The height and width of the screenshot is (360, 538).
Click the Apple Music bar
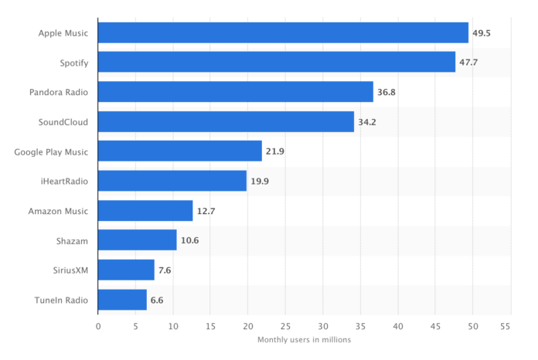click(x=283, y=32)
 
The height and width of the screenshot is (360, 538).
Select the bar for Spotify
click(x=276, y=62)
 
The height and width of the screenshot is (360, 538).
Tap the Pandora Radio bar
click(x=235, y=92)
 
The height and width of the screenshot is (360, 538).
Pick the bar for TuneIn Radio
click(x=122, y=300)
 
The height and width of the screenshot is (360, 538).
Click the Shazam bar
click(x=137, y=240)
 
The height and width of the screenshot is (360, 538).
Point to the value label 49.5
click(x=482, y=32)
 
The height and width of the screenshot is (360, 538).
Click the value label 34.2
click(x=367, y=122)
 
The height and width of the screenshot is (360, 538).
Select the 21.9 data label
click(x=275, y=151)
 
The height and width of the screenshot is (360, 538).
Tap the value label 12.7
click(x=206, y=211)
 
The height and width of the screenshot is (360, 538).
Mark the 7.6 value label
click(x=165, y=270)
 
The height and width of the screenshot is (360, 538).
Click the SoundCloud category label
click(x=63, y=122)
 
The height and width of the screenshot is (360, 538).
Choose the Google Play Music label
click(x=51, y=151)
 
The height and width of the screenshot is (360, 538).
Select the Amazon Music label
click(x=58, y=211)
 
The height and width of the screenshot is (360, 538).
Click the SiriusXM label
click(x=68, y=270)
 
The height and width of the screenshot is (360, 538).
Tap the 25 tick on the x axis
click(x=285, y=326)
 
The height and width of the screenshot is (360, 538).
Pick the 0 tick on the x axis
click(x=98, y=326)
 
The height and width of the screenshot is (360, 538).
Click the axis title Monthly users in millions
click(x=304, y=340)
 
